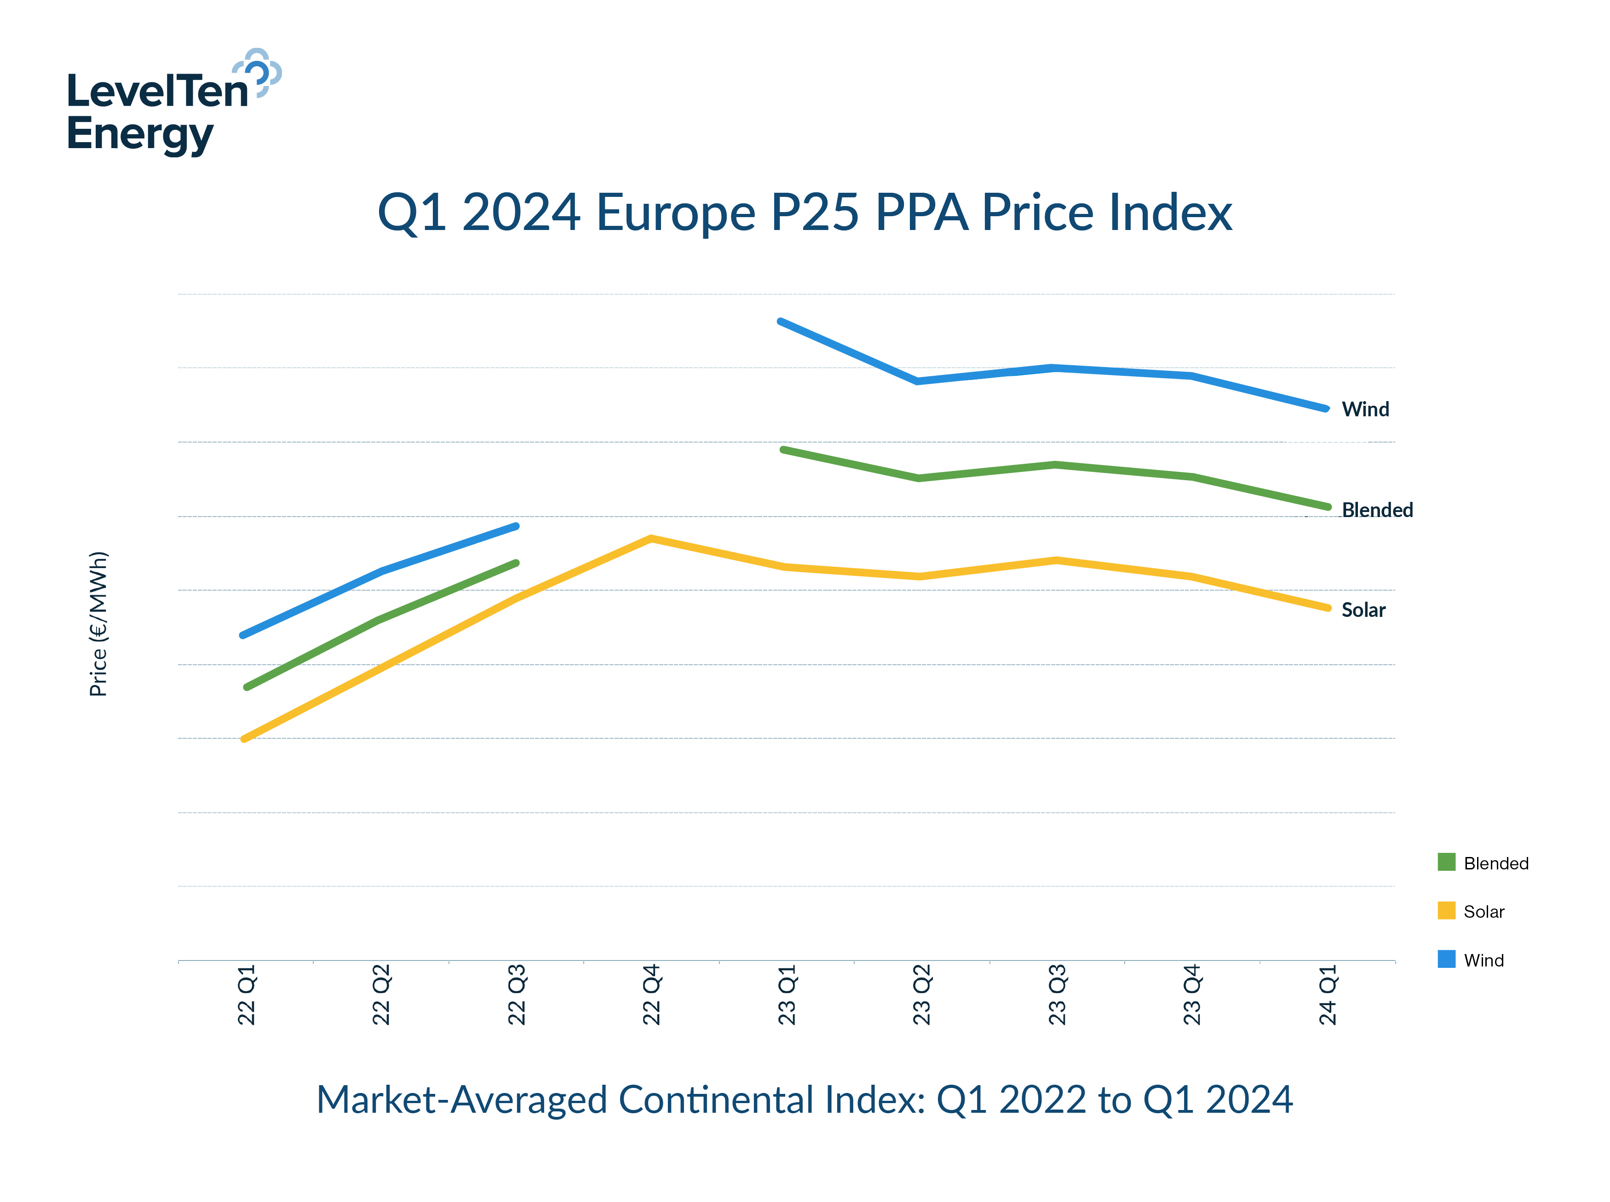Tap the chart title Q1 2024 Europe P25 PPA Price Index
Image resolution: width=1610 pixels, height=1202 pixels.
[x=804, y=213]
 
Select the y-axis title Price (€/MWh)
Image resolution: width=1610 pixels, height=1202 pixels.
[x=98, y=624]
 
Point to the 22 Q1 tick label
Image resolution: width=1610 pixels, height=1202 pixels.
[x=247, y=994]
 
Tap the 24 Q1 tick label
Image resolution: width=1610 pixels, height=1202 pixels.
[x=1327, y=994]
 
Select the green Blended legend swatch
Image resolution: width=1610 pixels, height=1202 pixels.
[x=1446, y=862]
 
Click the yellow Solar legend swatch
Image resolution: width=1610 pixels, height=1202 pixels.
[x=1446, y=910]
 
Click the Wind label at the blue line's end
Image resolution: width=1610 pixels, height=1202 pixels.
[x=1365, y=409]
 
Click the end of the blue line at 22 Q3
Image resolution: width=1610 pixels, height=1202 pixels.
[x=516, y=526]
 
